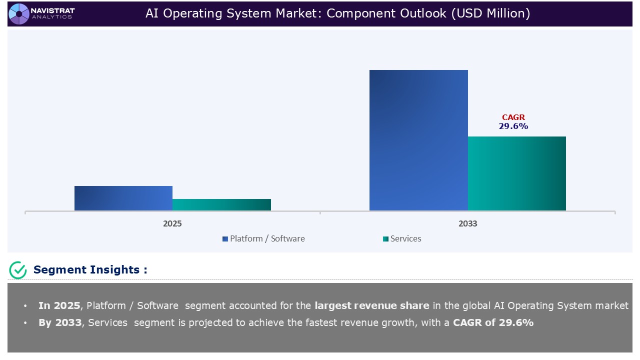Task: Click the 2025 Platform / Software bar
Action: coord(123,198)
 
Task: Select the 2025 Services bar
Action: coord(221,204)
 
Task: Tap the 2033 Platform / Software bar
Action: coord(418,140)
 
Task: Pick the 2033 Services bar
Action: coord(516,173)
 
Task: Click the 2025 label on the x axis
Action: coord(172,223)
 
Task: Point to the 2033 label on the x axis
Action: coord(468,223)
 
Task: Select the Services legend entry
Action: coord(405,239)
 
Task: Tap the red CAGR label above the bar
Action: coord(513,117)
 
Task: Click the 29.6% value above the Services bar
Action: coord(513,126)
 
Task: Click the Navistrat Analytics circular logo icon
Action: coord(19,13)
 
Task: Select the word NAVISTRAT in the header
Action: coord(52,10)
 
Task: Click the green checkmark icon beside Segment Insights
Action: coord(18,270)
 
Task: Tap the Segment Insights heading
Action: coord(90,270)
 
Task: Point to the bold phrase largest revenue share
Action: coord(371,305)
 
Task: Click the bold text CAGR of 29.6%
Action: coord(493,322)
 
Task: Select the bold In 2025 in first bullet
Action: coord(59,305)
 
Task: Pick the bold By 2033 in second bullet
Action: coord(60,322)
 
